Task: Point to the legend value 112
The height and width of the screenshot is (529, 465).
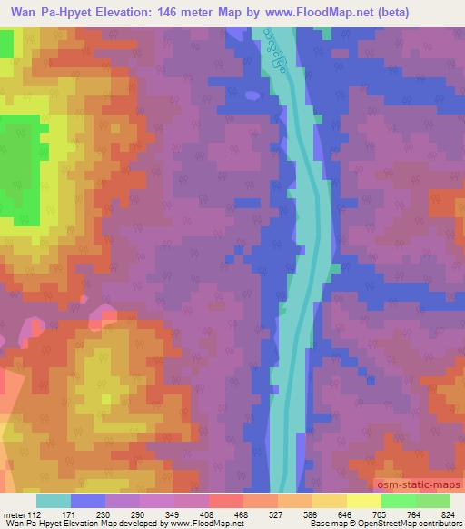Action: [35, 514]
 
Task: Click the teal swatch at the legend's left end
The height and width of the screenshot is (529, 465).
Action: [54, 501]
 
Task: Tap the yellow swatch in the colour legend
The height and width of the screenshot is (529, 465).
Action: [330, 501]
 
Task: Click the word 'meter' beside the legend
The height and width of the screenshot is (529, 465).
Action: [13, 514]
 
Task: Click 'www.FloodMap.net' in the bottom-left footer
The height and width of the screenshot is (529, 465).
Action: [194, 524]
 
